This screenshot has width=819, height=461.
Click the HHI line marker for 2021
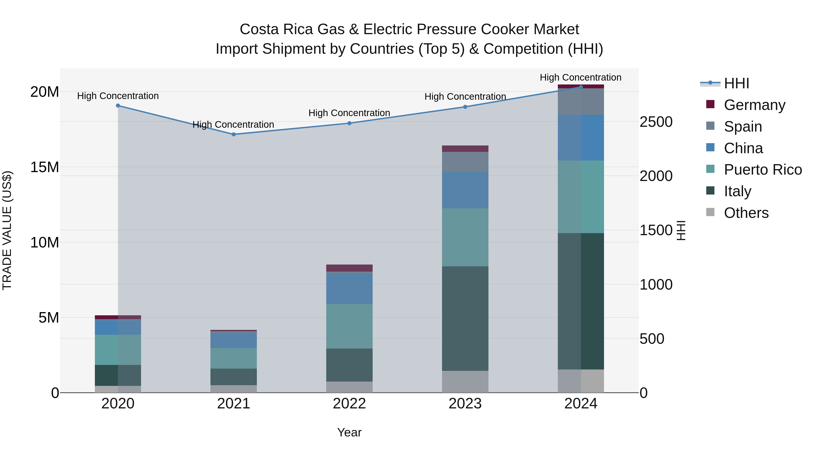(x=233, y=134)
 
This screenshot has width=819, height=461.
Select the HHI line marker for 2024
(x=581, y=87)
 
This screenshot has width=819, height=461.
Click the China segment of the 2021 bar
(x=233, y=340)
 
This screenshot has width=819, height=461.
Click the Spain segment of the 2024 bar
(x=581, y=102)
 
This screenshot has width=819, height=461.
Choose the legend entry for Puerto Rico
(x=762, y=170)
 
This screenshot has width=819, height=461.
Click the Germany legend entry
(x=754, y=105)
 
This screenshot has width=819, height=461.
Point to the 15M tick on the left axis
(x=45, y=167)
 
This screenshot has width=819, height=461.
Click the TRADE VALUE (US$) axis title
(x=7, y=230)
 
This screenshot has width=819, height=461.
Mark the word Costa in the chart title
(x=259, y=29)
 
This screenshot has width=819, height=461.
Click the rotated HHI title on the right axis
(x=681, y=230)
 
